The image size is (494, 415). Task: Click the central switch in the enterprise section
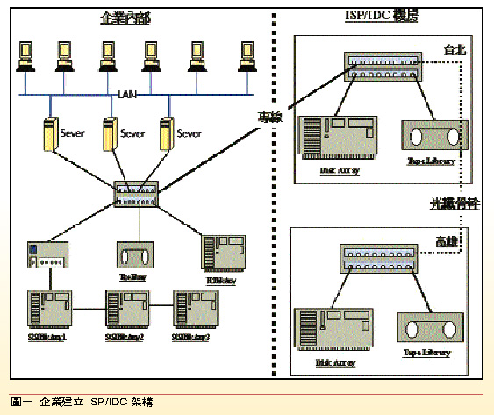click(x=135, y=195)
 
